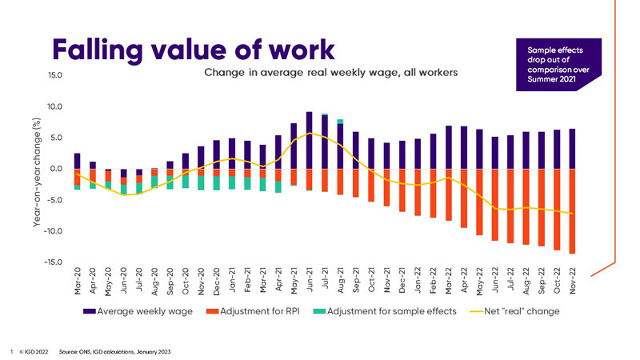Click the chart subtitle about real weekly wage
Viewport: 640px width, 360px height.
click(330, 73)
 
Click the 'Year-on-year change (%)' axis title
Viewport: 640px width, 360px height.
click(37, 170)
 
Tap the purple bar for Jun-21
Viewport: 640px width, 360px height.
click(309, 140)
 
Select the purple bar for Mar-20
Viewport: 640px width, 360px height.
click(78, 161)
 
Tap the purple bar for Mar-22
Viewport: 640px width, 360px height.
click(448, 147)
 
